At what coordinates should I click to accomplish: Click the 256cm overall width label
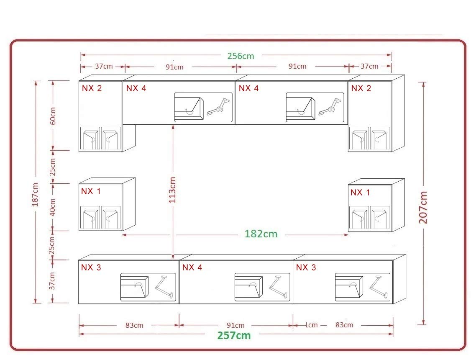pos(241,56)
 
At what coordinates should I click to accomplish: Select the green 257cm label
pos(234,335)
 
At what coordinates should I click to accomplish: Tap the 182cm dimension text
pos(261,234)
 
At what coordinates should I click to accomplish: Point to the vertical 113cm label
pos(172,190)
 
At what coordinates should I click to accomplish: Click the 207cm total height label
pos(423,208)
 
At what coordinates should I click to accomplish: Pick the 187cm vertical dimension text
pos(35,195)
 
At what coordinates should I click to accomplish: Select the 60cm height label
pos(53,116)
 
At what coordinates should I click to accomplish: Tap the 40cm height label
pos(53,207)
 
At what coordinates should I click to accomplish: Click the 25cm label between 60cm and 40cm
pos(53,167)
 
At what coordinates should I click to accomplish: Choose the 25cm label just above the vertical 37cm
pos(52,245)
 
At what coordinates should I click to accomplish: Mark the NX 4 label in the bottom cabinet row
pos(192,267)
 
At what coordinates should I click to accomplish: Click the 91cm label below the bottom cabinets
pos(235,325)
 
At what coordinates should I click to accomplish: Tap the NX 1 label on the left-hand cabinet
pos(90,191)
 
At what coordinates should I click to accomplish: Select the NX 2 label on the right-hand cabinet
pos(361,88)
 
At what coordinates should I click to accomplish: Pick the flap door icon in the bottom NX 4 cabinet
pos(248,287)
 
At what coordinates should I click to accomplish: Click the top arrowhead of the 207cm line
pos(423,84)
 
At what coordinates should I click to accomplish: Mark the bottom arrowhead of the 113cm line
pos(173,257)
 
